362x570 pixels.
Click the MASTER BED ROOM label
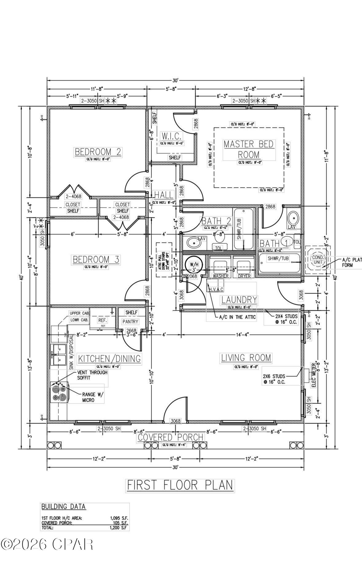click(x=248, y=149)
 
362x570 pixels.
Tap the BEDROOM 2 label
click(x=98, y=151)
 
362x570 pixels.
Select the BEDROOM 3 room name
click(x=96, y=259)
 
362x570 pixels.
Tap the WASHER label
click(x=220, y=276)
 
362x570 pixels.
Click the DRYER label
click(x=244, y=276)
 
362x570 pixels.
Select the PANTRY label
click(x=130, y=321)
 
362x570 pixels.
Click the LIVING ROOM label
click(x=246, y=358)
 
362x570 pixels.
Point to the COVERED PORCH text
click(x=170, y=437)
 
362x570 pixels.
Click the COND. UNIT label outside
click(x=318, y=260)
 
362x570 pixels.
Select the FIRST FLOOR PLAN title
click(x=180, y=485)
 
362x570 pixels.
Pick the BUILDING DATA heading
click(x=64, y=507)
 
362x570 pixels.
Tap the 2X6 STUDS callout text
click(x=274, y=379)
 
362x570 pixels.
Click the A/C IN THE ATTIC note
click(x=237, y=317)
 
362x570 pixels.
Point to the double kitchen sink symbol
click(x=59, y=355)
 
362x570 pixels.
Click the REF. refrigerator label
click(x=102, y=320)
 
